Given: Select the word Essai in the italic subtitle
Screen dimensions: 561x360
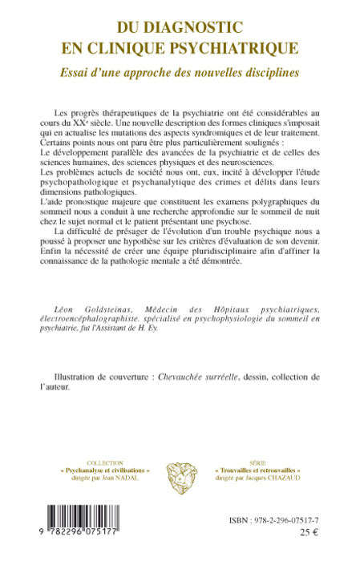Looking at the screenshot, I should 70,71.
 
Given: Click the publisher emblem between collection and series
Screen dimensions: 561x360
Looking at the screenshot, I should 180,472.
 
